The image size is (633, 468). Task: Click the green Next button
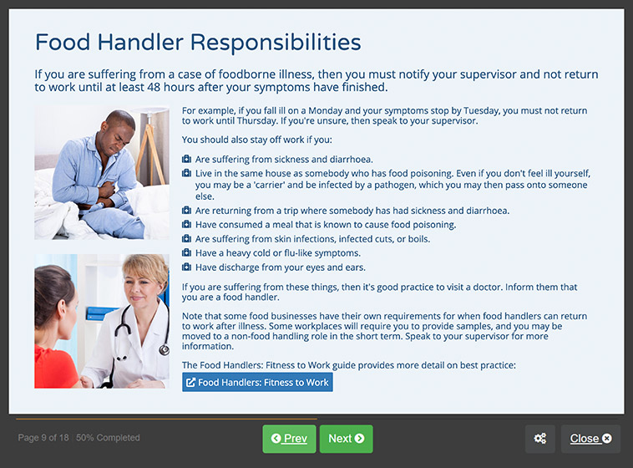[346, 439]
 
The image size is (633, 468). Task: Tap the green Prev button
[289, 439]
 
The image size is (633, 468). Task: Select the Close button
[590, 439]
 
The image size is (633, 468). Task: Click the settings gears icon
[539, 439]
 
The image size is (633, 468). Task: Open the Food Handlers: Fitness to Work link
[257, 382]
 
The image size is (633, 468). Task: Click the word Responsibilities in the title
[276, 43]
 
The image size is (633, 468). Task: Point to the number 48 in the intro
[154, 87]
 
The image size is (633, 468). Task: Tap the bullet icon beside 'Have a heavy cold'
[186, 253]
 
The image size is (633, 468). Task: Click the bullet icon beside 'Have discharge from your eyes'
[186, 267]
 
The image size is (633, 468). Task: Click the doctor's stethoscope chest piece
[164, 348]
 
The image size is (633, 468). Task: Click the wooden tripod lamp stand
[150, 154]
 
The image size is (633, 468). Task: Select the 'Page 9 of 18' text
[43, 438]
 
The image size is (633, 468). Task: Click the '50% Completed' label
[108, 438]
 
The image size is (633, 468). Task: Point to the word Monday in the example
[325, 111]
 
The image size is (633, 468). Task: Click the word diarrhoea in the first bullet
[352, 160]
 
